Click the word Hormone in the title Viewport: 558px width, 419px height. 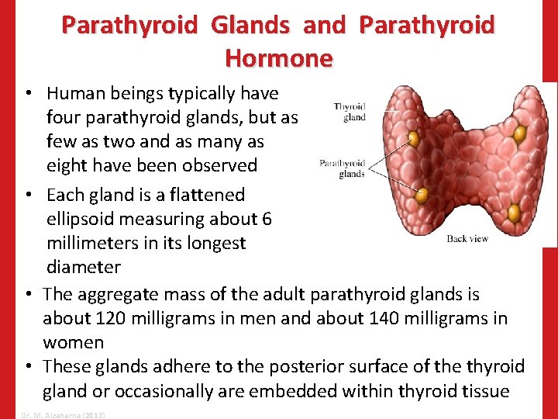point(278,57)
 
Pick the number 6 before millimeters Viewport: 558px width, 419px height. point(267,219)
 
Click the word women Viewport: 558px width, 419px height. point(73,343)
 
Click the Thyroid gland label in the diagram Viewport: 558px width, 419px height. point(350,112)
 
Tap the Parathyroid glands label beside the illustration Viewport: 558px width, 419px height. point(342,168)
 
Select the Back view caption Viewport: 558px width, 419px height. point(467,238)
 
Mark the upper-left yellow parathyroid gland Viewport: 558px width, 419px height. point(414,138)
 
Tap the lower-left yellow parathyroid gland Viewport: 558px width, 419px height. point(421,195)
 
